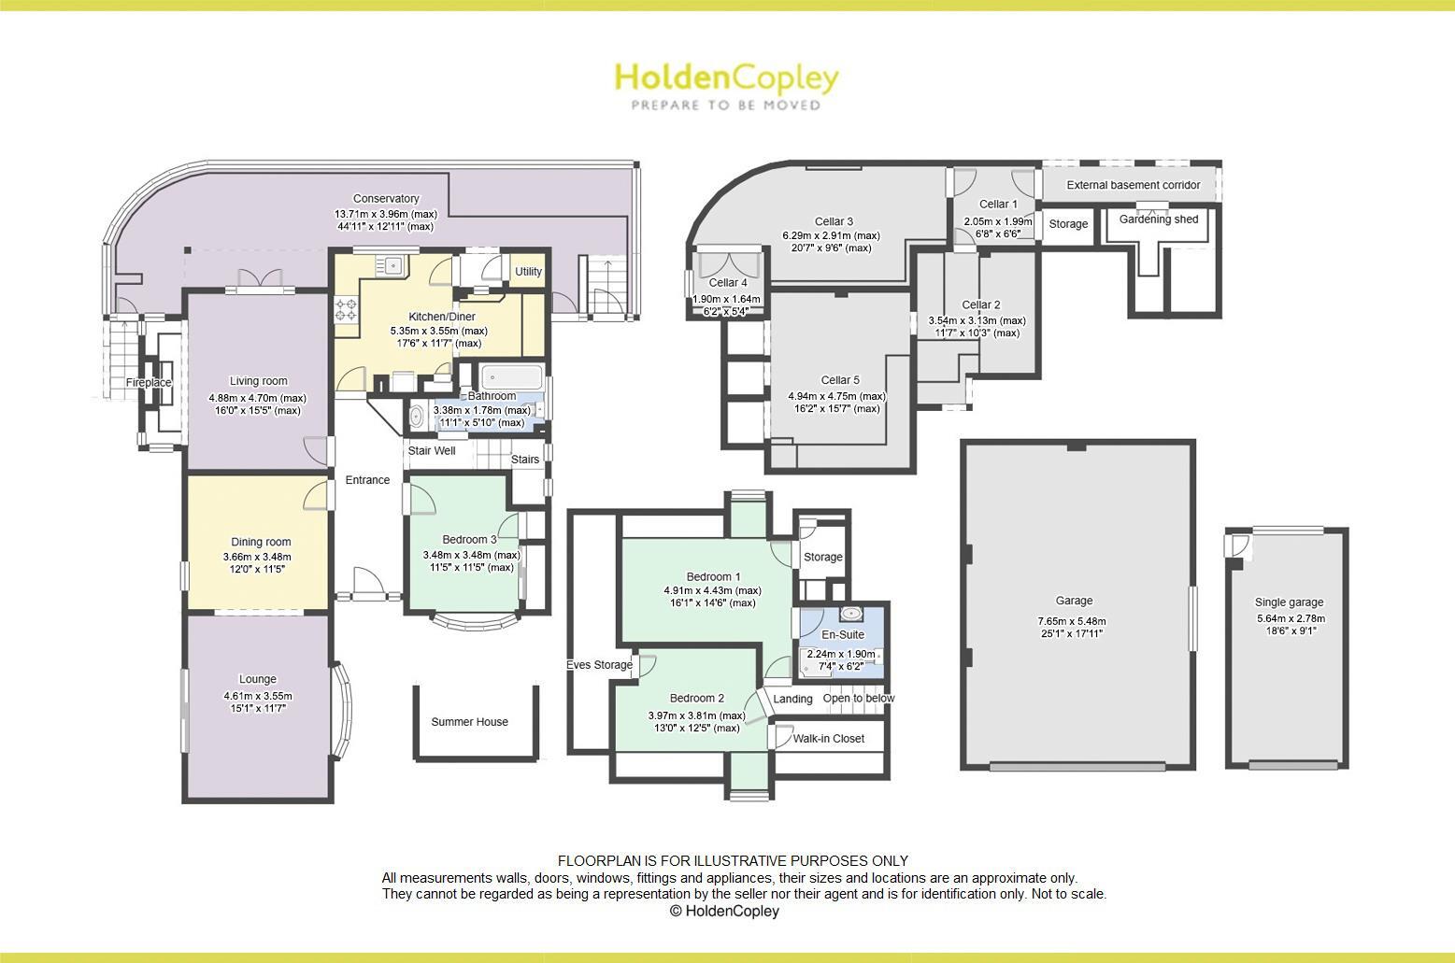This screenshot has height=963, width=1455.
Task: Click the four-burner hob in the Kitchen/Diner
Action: click(346, 310)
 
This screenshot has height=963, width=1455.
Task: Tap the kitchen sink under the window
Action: click(392, 265)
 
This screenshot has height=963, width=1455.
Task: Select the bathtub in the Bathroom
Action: click(511, 378)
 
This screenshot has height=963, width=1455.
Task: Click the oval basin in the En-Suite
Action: click(850, 614)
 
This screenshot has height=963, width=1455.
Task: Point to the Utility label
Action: click(528, 272)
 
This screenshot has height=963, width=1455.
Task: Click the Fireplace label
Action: click(149, 383)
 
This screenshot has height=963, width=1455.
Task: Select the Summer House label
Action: click(469, 722)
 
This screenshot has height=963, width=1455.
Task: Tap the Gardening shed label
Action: click(1159, 220)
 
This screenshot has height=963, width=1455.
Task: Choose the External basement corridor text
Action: click(1133, 185)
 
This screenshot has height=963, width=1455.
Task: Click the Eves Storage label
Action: click(599, 665)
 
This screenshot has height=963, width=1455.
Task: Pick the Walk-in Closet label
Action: click(828, 738)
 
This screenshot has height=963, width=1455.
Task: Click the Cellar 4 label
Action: click(728, 283)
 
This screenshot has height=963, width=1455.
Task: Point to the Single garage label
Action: click(1289, 602)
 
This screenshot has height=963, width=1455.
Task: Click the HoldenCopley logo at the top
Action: click(726, 78)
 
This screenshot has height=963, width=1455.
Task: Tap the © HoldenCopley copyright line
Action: click(724, 911)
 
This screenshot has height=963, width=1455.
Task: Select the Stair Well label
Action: click(432, 451)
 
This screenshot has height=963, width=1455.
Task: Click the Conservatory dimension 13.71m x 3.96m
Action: click(386, 214)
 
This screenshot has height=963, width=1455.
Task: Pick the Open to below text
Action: click(858, 699)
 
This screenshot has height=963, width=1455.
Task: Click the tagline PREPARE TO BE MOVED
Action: click(726, 106)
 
